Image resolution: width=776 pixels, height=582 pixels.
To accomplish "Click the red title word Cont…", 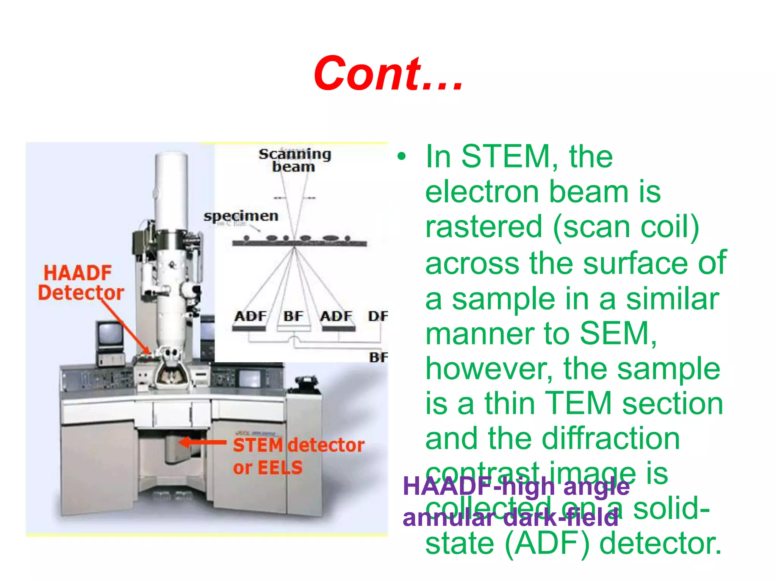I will tap(388, 74).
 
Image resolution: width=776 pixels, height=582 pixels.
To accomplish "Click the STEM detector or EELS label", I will tap(298, 456).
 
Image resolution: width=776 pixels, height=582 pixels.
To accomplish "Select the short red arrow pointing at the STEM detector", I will tap(203, 442).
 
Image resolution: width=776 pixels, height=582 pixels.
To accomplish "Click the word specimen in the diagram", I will tap(241, 216).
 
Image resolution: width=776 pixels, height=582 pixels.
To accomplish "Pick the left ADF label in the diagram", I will tap(250, 316).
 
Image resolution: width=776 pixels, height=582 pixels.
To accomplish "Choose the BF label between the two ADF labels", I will tap(293, 316).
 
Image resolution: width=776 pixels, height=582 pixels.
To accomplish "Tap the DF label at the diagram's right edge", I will tap(378, 316).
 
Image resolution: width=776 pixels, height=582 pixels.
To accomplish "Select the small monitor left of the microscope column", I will tap(110, 334).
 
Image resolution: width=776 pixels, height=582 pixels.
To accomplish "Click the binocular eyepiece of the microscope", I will tap(170, 356).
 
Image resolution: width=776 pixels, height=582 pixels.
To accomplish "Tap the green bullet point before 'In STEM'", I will tap(401, 156).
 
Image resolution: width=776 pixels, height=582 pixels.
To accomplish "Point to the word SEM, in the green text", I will tap(618, 333).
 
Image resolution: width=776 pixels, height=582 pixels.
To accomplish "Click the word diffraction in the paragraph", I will tap(611, 438).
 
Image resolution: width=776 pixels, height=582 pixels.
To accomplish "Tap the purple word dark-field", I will tap(561, 518).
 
